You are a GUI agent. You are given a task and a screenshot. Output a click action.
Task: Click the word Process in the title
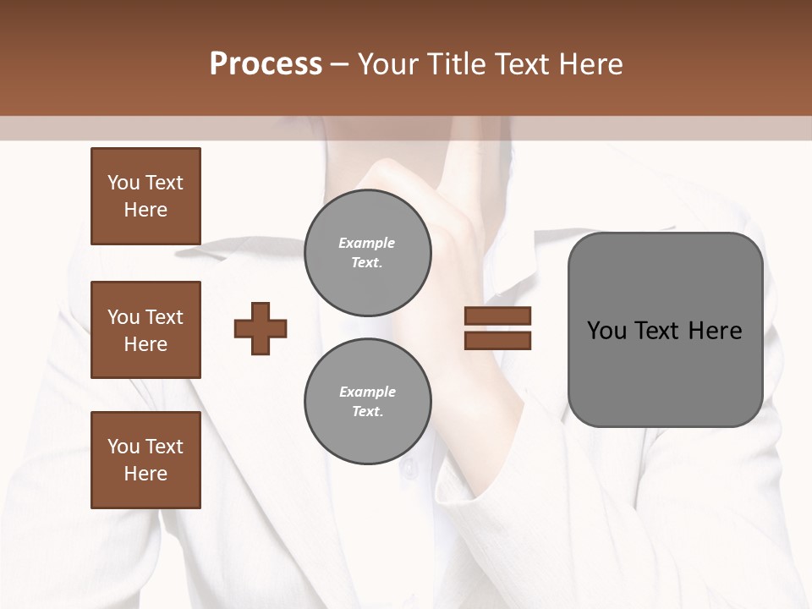pyautogui.click(x=266, y=64)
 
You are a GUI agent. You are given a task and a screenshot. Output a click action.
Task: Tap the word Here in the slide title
pyautogui.click(x=590, y=64)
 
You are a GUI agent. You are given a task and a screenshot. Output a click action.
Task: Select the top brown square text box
pyautogui.click(x=145, y=196)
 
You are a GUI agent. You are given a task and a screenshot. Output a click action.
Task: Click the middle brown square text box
pyautogui.click(x=145, y=330)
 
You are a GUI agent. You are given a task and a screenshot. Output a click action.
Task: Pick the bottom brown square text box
pyautogui.click(x=145, y=460)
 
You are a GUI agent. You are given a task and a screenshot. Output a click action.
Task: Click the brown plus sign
pyautogui.click(x=261, y=328)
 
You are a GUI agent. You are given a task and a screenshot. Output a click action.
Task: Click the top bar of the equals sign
pyautogui.click(x=497, y=316)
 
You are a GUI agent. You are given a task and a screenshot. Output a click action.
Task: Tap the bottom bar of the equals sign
pyautogui.click(x=497, y=340)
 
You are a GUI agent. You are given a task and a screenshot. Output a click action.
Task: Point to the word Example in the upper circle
pyautogui.click(x=367, y=243)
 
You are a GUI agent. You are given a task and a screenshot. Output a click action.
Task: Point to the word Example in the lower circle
pyautogui.click(x=367, y=392)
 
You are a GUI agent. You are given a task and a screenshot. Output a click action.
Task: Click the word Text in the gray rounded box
pyautogui.click(x=659, y=331)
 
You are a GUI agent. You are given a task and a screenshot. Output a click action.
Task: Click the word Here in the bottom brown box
pyautogui.click(x=145, y=474)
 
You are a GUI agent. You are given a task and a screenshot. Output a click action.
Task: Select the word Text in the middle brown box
pyautogui.click(x=164, y=317)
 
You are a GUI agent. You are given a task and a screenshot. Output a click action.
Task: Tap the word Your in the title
pyautogui.click(x=387, y=64)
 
